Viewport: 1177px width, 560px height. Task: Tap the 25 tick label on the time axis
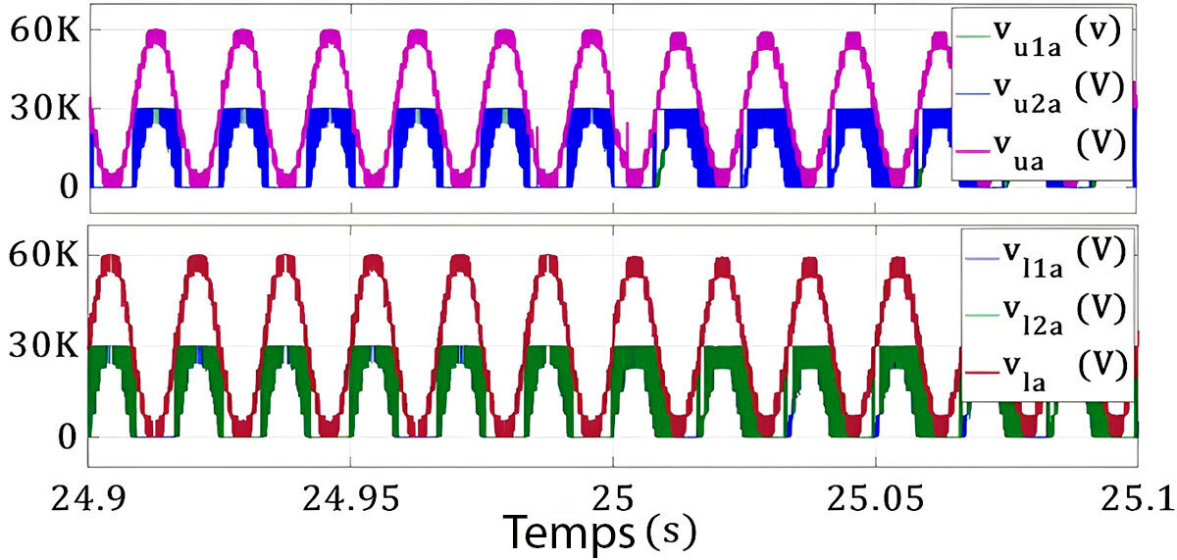[x=613, y=500]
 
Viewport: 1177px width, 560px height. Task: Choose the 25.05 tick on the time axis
[x=875, y=500]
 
